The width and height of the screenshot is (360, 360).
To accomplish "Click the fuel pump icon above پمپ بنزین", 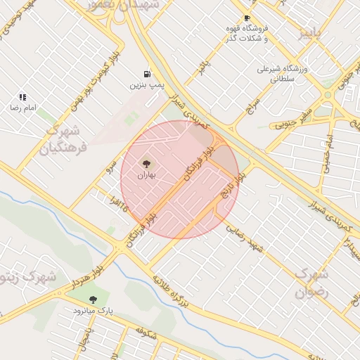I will (x=146, y=73).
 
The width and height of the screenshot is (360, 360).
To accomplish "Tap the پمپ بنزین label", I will (x=146, y=84).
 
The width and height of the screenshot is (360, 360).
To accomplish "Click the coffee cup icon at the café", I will (x=246, y=18).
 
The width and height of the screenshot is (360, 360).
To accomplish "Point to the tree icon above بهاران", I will (x=146, y=163).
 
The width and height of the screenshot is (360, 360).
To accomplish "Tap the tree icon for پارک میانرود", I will (x=94, y=299).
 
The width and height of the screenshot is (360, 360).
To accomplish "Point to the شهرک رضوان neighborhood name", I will (x=311, y=283).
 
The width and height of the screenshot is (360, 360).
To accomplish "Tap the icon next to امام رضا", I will (x=22, y=97).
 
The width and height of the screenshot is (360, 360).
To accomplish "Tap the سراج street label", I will (x=252, y=105).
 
